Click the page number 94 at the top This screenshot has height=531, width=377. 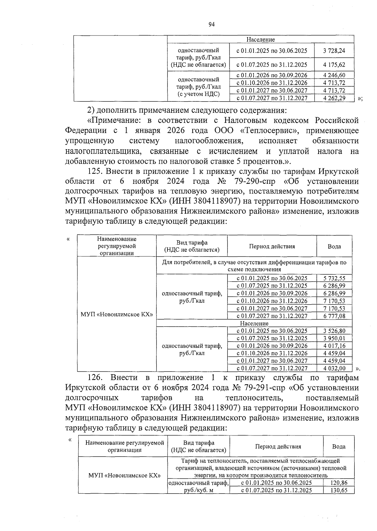[x=211, y=25]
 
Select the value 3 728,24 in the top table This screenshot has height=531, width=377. [x=334, y=51]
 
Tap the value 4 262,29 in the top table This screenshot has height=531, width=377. [x=334, y=98]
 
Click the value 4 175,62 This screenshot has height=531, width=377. [x=334, y=65]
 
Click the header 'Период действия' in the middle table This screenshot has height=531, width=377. [x=272, y=246]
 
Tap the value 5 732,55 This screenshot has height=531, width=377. [x=334, y=278]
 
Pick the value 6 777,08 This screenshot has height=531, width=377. [x=334, y=316]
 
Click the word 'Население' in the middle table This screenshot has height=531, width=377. [x=254, y=323]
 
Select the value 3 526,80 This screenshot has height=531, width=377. [x=334, y=331]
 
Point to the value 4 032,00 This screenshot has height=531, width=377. [x=334, y=368]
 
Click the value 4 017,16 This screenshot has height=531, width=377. [x=334, y=346]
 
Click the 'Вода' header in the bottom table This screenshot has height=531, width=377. [x=339, y=446]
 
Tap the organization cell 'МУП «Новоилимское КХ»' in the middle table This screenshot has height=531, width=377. [x=117, y=314]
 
